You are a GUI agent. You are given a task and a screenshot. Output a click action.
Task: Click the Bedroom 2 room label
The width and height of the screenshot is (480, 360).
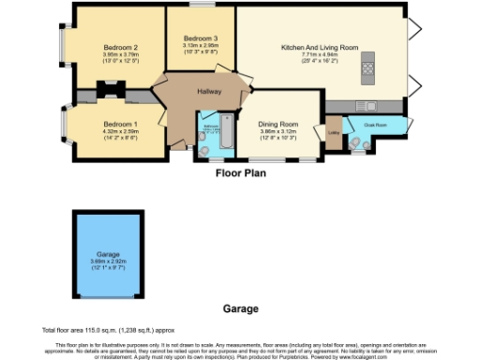[x=121, y=47]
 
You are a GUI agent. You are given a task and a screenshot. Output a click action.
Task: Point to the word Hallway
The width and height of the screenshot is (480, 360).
[x=209, y=91]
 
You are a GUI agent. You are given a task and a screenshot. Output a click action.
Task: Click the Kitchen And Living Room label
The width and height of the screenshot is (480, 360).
[x=320, y=47]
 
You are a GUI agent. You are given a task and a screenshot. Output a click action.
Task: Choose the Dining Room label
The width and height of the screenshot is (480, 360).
[x=278, y=125]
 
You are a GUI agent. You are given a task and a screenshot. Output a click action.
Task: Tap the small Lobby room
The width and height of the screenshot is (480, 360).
[x=333, y=132]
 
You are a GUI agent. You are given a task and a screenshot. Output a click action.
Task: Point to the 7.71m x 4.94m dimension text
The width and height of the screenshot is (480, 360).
[x=320, y=54]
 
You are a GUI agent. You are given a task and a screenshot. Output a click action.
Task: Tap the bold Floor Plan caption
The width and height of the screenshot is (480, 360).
[x=241, y=172]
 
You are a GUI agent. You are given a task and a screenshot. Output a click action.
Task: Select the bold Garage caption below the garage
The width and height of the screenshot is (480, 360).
[x=240, y=307]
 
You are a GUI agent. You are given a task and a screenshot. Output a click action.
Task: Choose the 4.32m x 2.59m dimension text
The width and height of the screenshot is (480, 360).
[x=120, y=132]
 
